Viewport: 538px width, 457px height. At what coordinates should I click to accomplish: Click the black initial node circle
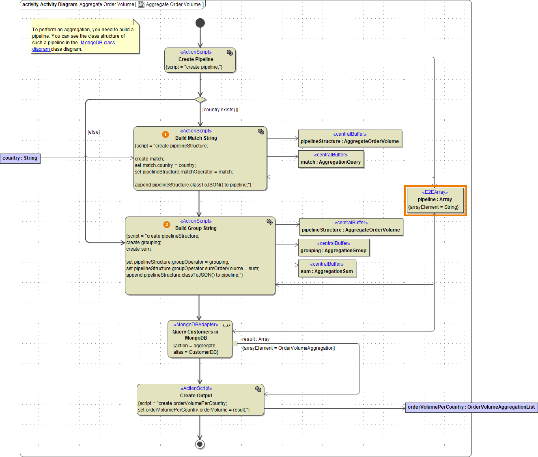pos(200,23)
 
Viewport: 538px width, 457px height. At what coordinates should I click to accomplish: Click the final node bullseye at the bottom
pos(200,444)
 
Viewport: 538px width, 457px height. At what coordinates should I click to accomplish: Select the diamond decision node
pos(200,100)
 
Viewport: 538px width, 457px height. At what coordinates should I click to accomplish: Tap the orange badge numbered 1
pos(166,134)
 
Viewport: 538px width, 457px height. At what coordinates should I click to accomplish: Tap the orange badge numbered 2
pos(167,225)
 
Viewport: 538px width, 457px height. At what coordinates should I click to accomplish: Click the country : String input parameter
pos(20,158)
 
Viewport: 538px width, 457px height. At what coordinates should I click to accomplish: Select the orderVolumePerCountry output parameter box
pos(471,407)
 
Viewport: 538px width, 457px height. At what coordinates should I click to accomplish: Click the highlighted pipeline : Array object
pos(435,200)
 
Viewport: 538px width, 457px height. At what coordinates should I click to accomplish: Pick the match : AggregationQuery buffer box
pos(331,159)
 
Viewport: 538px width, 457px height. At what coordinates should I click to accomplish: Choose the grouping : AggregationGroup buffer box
pos(334,247)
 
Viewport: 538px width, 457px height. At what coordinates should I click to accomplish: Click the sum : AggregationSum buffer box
pos(327,268)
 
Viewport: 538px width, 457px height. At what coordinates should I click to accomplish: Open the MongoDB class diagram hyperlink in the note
pos(98,43)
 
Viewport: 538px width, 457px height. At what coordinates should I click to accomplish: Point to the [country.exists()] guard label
pos(220,110)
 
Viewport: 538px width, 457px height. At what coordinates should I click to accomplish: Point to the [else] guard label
pos(94,132)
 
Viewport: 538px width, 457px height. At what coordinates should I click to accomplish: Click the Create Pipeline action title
pos(196,59)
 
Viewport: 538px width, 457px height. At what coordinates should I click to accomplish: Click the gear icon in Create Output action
pos(258,389)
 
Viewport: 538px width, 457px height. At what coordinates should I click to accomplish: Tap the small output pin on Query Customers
pos(235,344)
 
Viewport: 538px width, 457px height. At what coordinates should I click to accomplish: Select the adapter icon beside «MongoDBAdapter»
pos(226,325)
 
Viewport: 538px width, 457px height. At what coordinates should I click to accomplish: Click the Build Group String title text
pos(196,228)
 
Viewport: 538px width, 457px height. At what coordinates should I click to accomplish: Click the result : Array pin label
pos(256,339)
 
